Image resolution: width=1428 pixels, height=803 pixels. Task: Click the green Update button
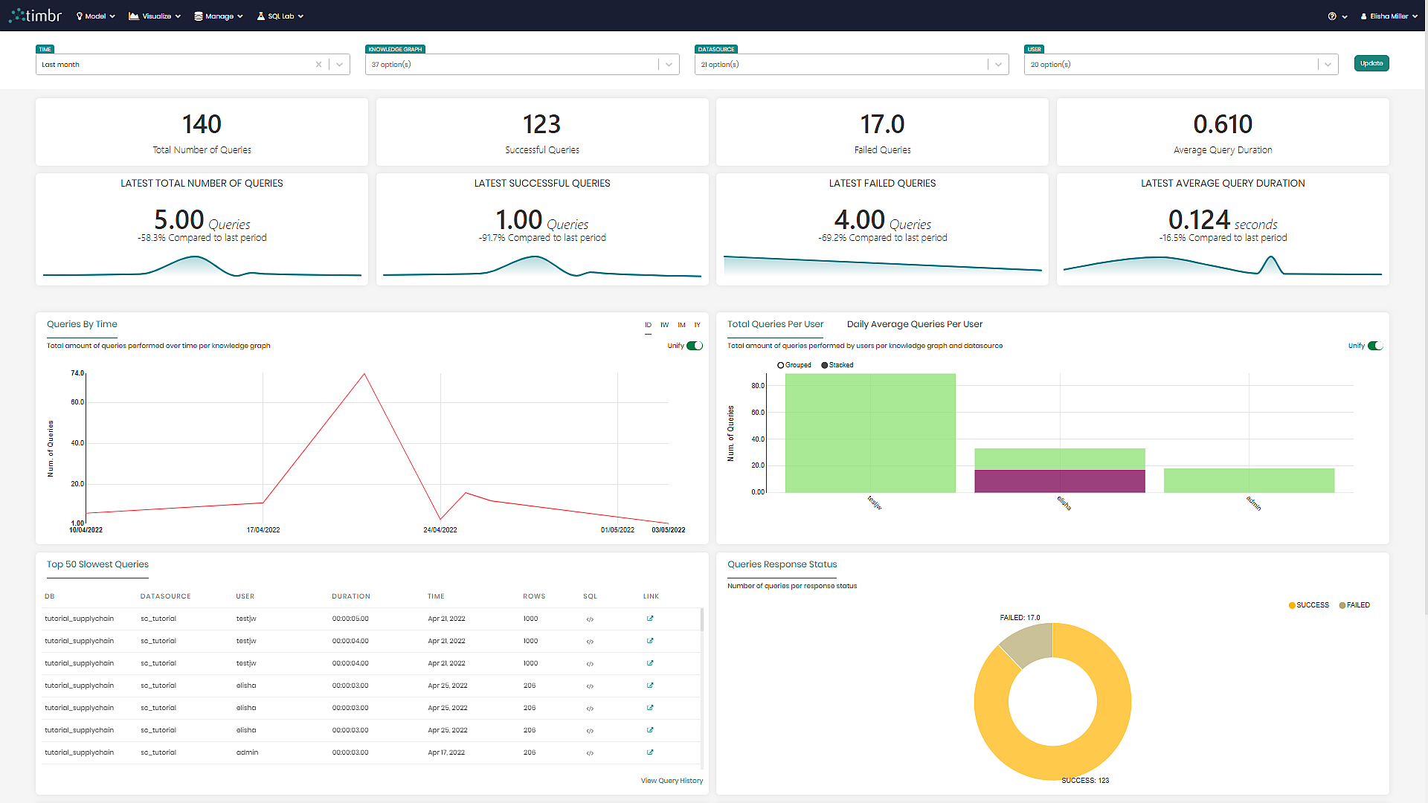tap(1371, 63)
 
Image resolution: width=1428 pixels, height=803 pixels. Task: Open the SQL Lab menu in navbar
tap(280, 16)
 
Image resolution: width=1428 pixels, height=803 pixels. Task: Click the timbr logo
tap(36, 16)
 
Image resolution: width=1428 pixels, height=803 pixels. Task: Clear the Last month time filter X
tap(318, 65)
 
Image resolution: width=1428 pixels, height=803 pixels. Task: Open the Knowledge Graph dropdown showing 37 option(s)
tap(522, 65)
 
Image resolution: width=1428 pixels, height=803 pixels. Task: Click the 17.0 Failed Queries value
tap(882, 124)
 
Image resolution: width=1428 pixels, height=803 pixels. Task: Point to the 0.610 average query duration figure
tap(1222, 124)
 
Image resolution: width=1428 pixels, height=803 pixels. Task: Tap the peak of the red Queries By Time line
tap(364, 374)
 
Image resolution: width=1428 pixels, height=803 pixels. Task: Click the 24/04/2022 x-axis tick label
tap(440, 530)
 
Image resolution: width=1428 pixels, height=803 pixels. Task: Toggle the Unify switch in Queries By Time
tap(695, 346)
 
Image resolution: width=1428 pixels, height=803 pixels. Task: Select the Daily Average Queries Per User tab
tap(914, 324)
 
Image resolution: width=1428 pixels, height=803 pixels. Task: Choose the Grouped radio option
tap(781, 365)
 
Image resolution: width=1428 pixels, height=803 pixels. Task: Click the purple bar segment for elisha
tap(1059, 481)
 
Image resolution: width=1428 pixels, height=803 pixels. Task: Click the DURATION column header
tap(351, 596)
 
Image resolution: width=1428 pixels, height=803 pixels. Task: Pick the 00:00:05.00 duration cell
tap(350, 619)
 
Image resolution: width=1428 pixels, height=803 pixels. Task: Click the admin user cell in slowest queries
tap(247, 752)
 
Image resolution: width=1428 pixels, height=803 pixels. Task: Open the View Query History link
tap(672, 781)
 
